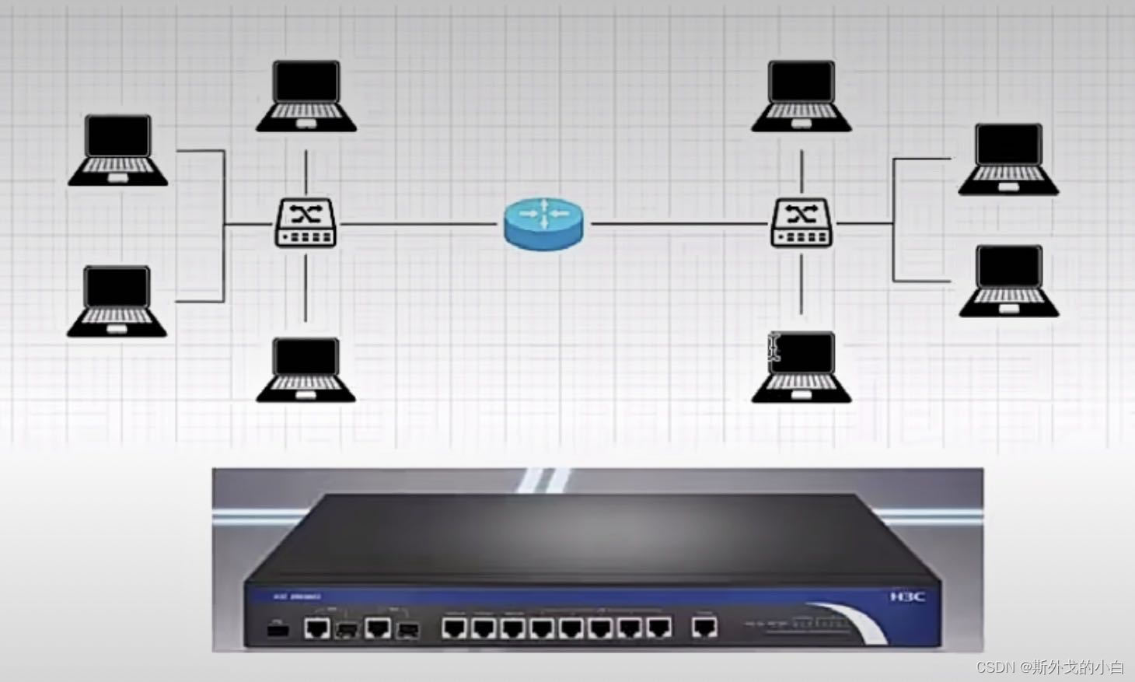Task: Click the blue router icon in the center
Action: [x=543, y=224]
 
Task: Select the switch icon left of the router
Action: [x=306, y=223]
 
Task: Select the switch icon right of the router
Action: [x=801, y=223]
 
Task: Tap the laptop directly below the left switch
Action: [x=306, y=369]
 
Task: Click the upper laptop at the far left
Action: [x=117, y=151]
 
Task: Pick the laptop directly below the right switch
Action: [x=801, y=367]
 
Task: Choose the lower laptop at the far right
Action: [x=1009, y=281]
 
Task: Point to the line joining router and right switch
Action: [x=680, y=224]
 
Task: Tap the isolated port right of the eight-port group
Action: [x=704, y=627]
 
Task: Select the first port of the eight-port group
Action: [x=454, y=627]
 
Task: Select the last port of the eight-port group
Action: [x=658, y=627]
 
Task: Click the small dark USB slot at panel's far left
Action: [x=278, y=628]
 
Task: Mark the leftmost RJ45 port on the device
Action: [x=316, y=628]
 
